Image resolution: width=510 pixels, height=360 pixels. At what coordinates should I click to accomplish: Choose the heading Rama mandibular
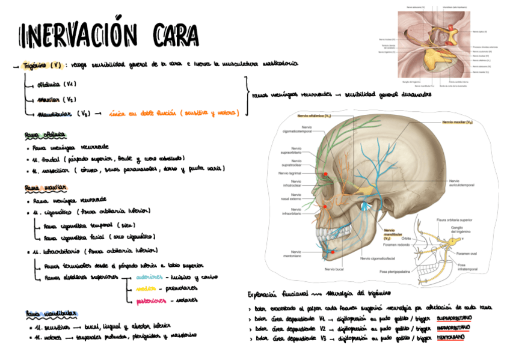pyautogui.click(x=49, y=314)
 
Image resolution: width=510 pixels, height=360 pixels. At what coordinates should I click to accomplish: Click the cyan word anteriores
pyautogui.click(x=149, y=278)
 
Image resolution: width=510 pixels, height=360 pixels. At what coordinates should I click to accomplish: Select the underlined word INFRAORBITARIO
pyautogui.click(x=453, y=328)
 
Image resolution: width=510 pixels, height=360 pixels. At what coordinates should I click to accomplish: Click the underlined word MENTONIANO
pyautogui.click(x=450, y=339)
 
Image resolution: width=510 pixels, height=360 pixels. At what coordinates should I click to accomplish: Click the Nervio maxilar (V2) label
pyautogui.click(x=456, y=122)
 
